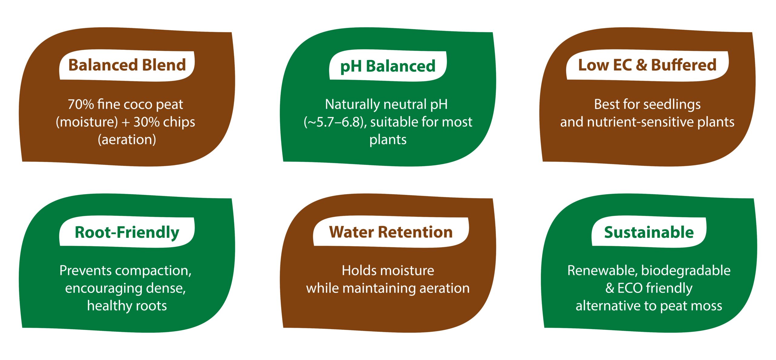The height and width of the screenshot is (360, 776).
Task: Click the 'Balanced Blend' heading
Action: pos(127,65)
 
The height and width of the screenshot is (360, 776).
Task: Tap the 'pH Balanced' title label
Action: pos(388,66)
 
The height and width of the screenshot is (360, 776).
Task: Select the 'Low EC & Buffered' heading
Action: pos(647,65)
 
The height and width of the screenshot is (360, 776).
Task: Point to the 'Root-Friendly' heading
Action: pos(127,233)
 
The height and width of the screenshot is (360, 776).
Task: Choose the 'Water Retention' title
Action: pos(391,232)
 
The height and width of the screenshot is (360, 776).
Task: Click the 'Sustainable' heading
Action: pos(649,232)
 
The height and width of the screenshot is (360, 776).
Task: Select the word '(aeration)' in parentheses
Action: pos(127,140)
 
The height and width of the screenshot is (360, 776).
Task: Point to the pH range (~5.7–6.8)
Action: pos(335,122)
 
